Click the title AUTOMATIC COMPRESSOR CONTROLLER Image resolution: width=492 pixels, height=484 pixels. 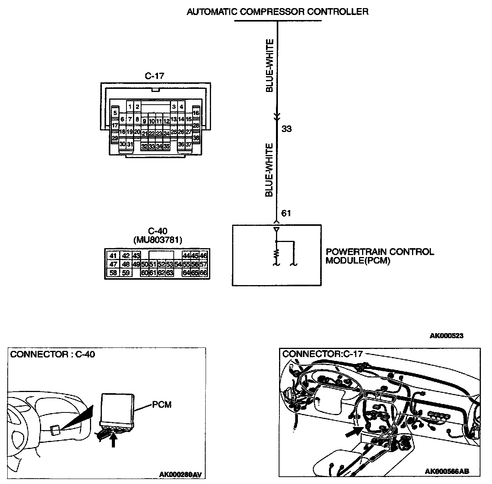tap(277, 12)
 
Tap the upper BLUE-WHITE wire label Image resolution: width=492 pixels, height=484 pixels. tap(269, 65)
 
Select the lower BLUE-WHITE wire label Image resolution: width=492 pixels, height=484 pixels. tap(269, 170)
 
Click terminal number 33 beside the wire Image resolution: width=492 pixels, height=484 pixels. tap(287, 129)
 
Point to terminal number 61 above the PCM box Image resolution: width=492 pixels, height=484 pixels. tap(286, 213)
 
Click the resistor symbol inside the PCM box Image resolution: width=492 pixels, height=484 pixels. tap(276, 254)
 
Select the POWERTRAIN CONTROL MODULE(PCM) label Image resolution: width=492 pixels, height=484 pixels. tap(379, 256)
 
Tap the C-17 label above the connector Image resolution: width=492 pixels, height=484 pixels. tap(155, 76)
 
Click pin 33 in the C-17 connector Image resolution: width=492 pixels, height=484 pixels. tap(152, 146)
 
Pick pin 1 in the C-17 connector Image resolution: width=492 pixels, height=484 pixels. tap(130, 107)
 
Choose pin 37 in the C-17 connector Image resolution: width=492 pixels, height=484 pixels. tap(188, 145)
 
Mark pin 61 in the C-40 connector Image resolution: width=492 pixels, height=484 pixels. tap(152, 273)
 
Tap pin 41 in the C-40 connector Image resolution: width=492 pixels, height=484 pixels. tap(113, 256)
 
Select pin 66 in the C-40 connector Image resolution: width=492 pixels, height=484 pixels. tap(203, 273)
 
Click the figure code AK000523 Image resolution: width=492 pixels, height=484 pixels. tap(446, 335)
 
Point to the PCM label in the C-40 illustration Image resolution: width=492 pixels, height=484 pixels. tap(161, 404)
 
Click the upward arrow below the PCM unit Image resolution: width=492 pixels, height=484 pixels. tap(113, 440)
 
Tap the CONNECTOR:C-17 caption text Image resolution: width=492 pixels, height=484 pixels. tap(322, 354)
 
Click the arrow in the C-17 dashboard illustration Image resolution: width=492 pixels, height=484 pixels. tap(353, 432)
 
